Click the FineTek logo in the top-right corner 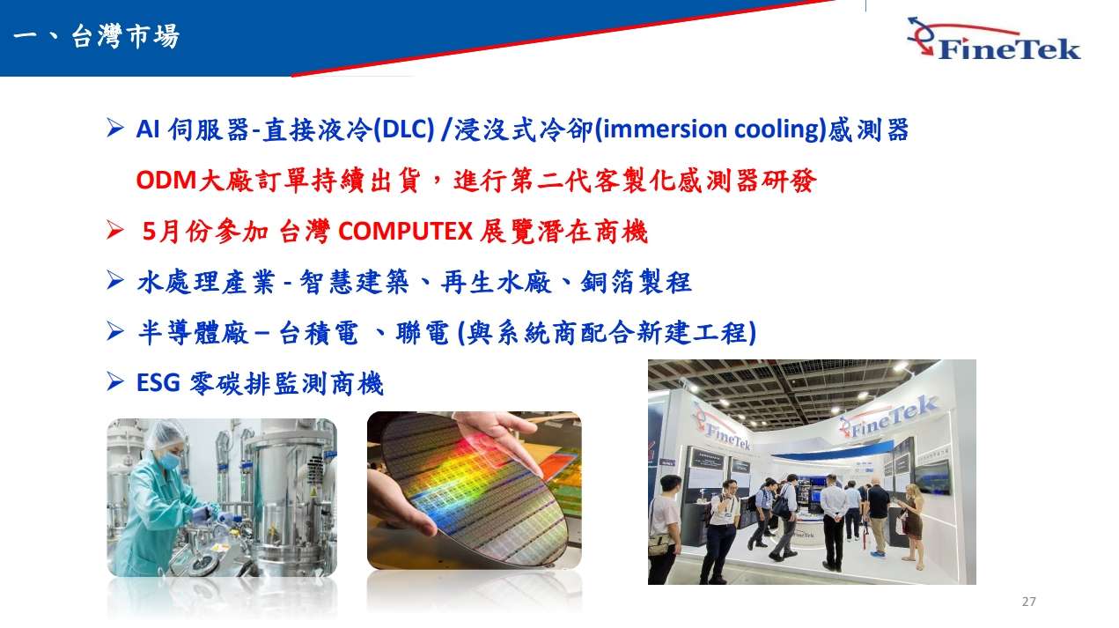coord(994,39)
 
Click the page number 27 coord(1028,602)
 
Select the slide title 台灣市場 coord(125,36)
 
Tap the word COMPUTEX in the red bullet coord(405,232)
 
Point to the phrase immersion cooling coord(714,129)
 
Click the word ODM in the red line coord(166,180)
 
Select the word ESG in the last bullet coord(158,383)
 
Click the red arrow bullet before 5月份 coord(115,230)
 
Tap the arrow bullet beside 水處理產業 coord(115,280)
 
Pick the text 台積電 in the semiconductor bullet coord(318,333)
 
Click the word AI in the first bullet coord(148,129)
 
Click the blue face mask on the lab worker coord(169,460)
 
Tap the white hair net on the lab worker coord(165,434)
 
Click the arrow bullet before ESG coord(115,382)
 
